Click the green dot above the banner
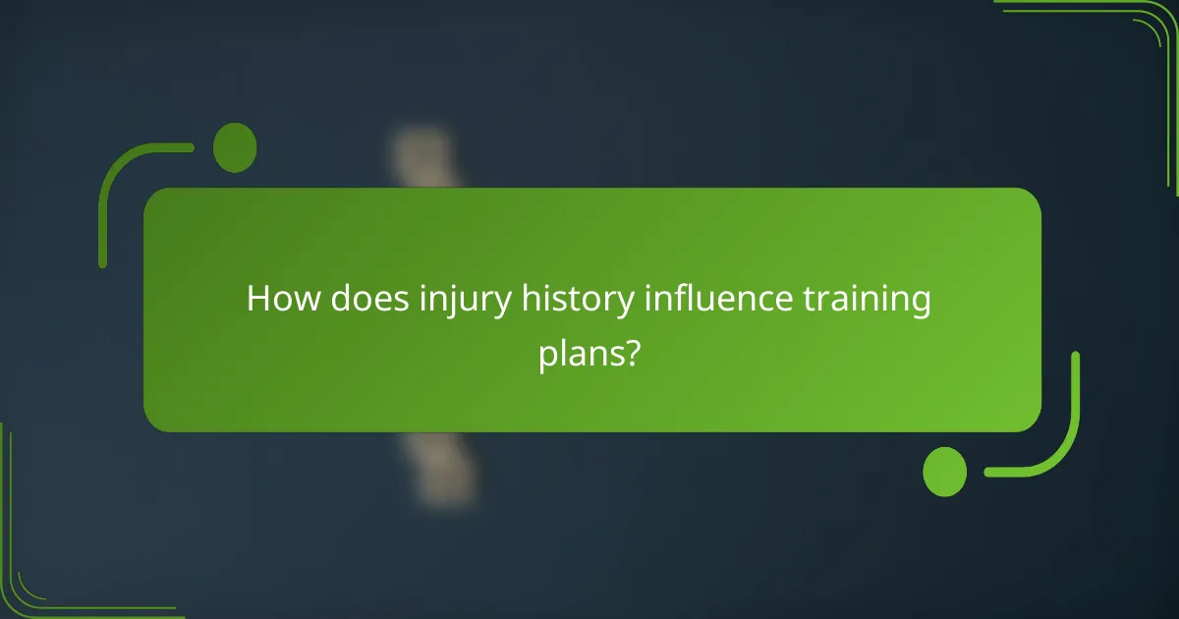tap(235, 147)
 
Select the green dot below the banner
tap(944, 472)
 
